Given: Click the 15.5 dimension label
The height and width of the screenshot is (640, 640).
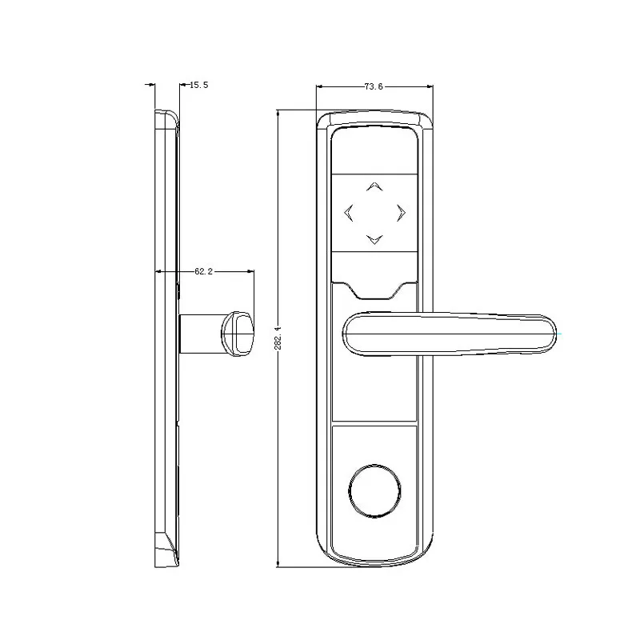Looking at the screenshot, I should pyautogui.click(x=197, y=85).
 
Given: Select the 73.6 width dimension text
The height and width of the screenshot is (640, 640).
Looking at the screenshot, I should pyautogui.click(x=373, y=86).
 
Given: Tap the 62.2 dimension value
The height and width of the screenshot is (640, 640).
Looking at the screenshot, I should pyautogui.click(x=203, y=272).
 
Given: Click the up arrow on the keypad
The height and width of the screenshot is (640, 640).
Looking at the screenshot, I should pyautogui.click(x=374, y=187).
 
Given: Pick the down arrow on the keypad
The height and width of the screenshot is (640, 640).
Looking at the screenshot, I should pyautogui.click(x=374, y=238).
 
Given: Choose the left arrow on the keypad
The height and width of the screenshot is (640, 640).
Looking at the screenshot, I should pyautogui.click(x=348, y=212).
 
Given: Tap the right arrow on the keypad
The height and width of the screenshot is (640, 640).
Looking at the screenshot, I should pyautogui.click(x=401, y=212).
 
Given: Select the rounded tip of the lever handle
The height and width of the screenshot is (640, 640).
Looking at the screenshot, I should pyautogui.click(x=544, y=332).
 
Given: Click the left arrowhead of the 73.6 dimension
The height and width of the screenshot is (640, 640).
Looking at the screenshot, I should pyautogui.click(x=320, y=86).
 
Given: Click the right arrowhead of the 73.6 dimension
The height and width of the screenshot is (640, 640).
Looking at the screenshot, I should pyautogui.click(x=430, y=86).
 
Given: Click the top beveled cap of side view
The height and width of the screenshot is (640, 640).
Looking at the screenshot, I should pyautogui.click(x=166, y=118).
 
